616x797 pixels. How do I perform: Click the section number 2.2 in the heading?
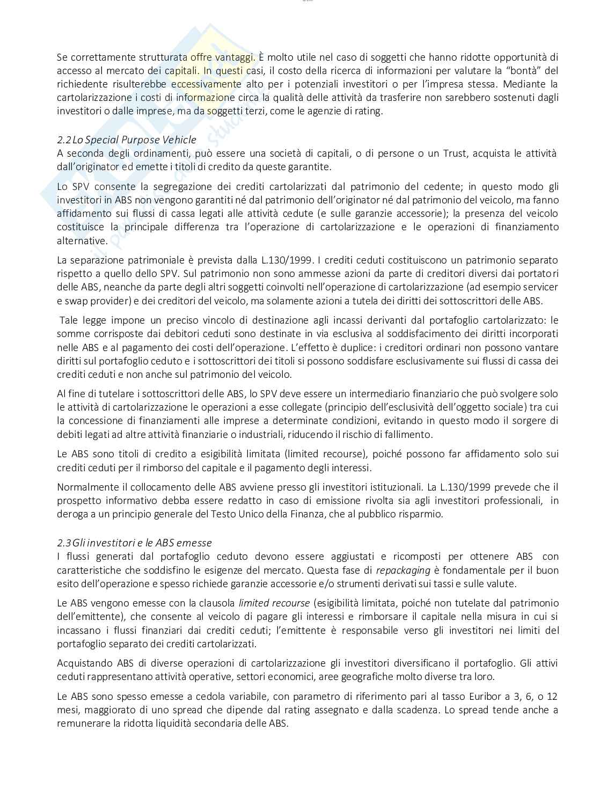pyautogui.click(x=64, y=140)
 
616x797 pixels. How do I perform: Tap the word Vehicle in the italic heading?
pyautogui.click(x=180, y=140)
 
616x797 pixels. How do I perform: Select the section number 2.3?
pyautogui.click(x=64, y=543)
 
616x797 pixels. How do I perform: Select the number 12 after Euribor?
pyautogui.click(x=552, y=697)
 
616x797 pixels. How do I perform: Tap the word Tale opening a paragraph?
pyautogui.click(x=68, y=320)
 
